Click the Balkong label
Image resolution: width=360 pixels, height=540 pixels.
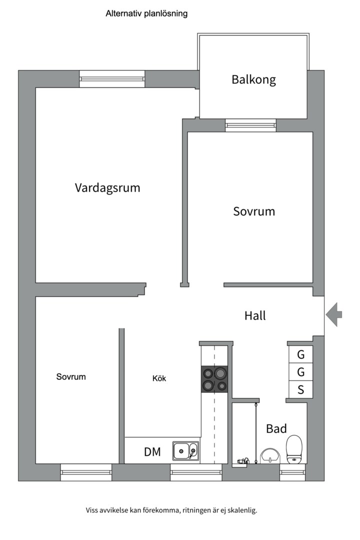(x=253, y=79)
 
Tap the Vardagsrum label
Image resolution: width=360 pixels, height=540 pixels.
(x=107, y=188)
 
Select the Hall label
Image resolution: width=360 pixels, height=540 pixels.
(x=255, y=316)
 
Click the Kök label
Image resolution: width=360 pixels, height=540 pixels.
(x=159, y=378)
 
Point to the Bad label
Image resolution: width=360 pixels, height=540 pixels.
(x=276, y=428)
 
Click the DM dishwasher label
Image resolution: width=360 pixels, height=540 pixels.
(x=152, y=452)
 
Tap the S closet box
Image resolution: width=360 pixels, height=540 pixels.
(x=301, y=390)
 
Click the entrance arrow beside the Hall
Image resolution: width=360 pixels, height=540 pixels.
(x=334, y=314)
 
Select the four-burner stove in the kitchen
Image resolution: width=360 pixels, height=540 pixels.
(x=214, y=378)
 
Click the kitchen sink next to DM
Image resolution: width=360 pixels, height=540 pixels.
(x=185, y=451)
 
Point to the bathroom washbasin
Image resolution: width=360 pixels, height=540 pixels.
(x=270, y=455)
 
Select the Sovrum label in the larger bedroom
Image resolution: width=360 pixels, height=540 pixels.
(x=254, y=211)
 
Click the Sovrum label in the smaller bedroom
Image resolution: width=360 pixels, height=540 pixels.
(x=70, y=377)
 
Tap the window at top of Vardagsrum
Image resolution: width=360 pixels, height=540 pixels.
(x=112, y=78)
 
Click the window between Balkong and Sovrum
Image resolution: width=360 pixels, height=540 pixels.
(x=250, y=125)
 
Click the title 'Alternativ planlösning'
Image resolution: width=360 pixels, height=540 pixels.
(x=146, y=14)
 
